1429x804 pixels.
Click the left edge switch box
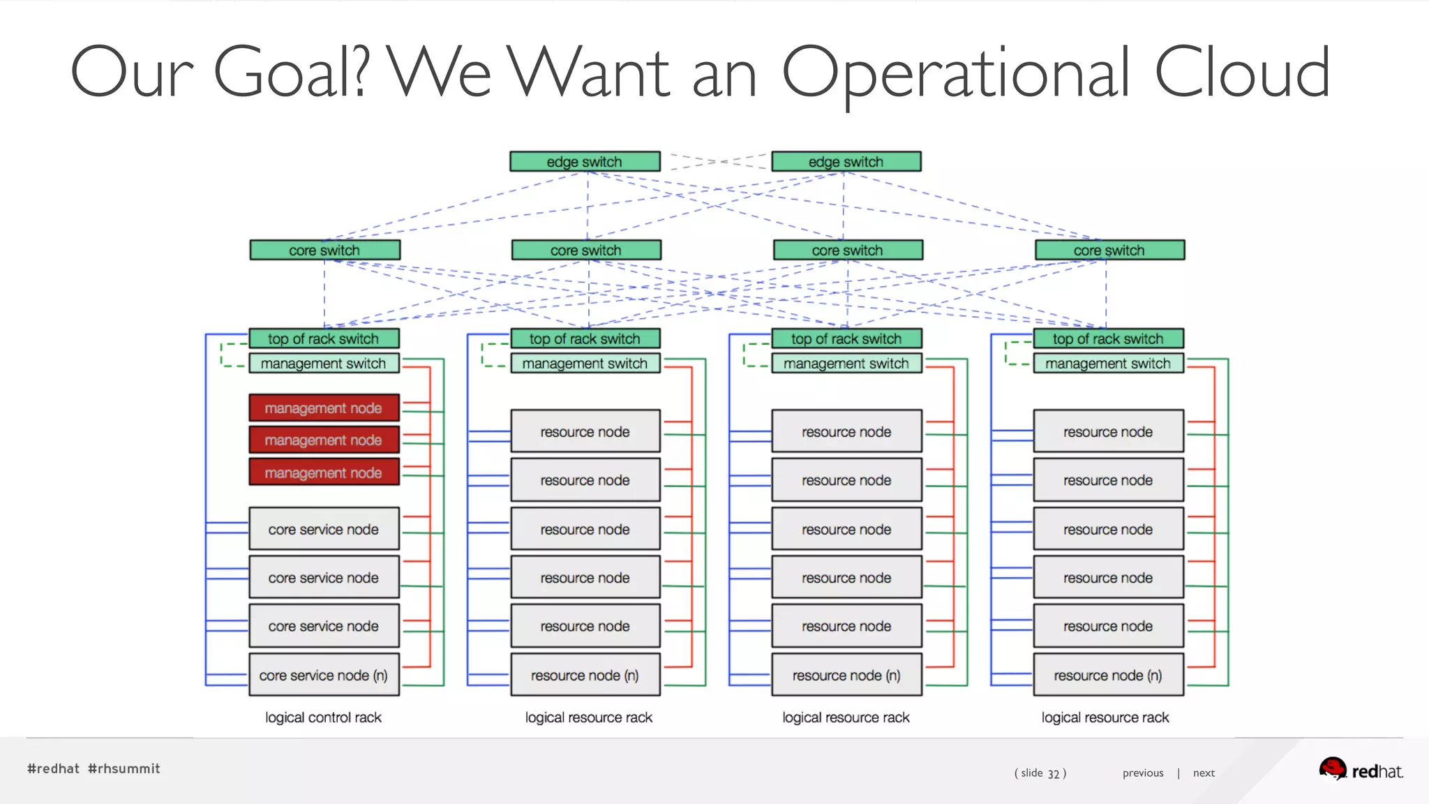click(x=585, y=161)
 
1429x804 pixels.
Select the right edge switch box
click(x=846, y=161)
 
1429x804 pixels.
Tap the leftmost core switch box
click(x=324, y=250)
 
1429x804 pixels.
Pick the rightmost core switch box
click(x=1109, y=250)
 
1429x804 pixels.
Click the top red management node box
click(x=324, y=408)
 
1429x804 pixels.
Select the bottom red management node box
click(x=324, y=472)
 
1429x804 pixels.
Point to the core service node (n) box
click(x=324, y=675)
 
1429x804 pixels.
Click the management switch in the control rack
click(x=324, y=363)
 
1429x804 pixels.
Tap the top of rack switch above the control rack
click(x=324, y=338)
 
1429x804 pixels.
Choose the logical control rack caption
click(x=323, y=717)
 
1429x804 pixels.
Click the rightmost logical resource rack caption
click(x=1105, y=717)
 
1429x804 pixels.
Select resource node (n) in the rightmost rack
click(x=1108, y=675)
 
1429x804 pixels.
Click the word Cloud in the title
click(x=1242, y=72)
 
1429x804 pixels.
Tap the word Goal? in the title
click(x=290, y=72)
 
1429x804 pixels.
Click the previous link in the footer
click(x=1143, y=773)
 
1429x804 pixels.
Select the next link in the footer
click(x=1204, y=773)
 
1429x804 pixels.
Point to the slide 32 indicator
click(x=1040, y=773)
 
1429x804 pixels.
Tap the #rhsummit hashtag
click(x=124, y=768)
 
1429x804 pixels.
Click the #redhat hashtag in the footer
click(x=53, y=768)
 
